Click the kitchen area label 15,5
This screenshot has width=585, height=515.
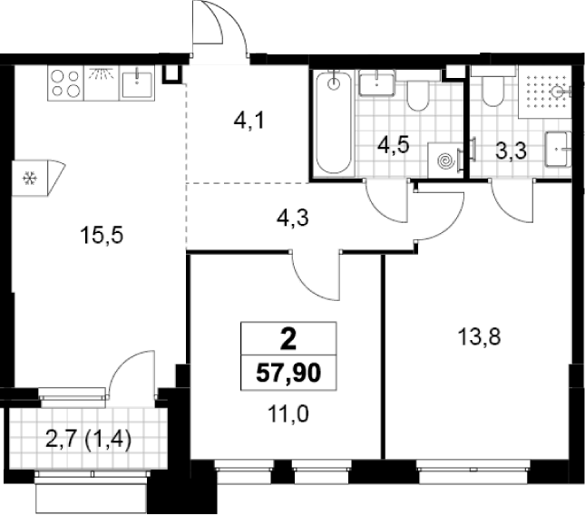pyautogui.click(x=102, y=236)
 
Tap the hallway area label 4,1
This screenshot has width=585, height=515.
pyautogui.click(x=249, y=121)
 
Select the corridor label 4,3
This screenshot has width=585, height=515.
pyautogui.click(x=292, y=218)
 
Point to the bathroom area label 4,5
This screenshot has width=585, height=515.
pyautogui.click(x=394, y=145)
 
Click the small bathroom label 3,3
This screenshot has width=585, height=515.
pyautogui.click(x=512, y=151)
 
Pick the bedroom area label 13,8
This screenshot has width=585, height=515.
pyautogui.click(x=479, y=337)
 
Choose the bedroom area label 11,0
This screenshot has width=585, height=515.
pyautogui.click(x=288, y=414)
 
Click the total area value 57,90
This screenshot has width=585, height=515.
pyautogui.click(x=288, y=373)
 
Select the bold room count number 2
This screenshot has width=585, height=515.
pyautogui.click(x=288, y=340)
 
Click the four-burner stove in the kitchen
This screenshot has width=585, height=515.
pyautogui.click(x=65, y=83)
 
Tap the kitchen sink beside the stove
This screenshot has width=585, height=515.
pyautogui.click(x=137, y=83)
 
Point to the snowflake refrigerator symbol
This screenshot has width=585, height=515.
pyautogui.click(x=30, y=179)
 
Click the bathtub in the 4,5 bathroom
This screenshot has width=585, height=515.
pyautogui.click(x=334, y=122)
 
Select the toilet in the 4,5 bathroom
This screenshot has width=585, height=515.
pyautogui.click(x=418, y=94)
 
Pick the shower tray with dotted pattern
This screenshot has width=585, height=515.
pyautogui.click(x=545, y=92)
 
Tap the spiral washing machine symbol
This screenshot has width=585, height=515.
pyautogui.click(x=446, y=160)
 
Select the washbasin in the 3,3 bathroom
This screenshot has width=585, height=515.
pyautogui.click(x=558, y=150)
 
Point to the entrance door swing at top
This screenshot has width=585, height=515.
pyautogui.click(x=219, y=28)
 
